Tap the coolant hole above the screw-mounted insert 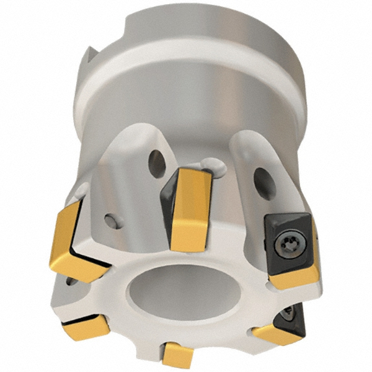[x=265, y=184]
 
